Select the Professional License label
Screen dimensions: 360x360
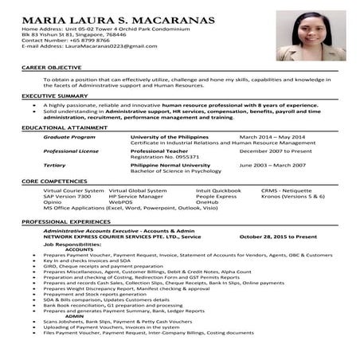point(70,150)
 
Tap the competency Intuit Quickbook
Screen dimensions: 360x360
point(217,190)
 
